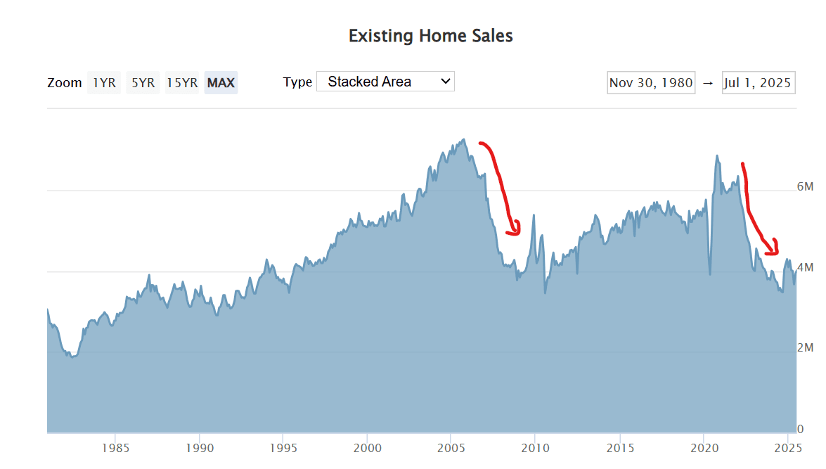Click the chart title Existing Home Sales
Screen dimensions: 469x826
(x=430, y=36)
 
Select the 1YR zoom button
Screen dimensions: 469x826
(x=104, y=82)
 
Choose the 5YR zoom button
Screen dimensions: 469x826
(x=143, y=82)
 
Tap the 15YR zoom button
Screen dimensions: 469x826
(x=181, y=82)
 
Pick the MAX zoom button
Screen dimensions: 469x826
(x=221, y=82)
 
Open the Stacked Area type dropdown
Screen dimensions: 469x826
(x=385, y=82)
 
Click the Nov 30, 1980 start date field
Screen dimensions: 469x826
(x=651, y=83)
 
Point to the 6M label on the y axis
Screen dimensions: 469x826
(x=805, y=187)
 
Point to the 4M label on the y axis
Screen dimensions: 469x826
(x=805, y=268)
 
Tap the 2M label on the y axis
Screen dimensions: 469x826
(x=805, y=349)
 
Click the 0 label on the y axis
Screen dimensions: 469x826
(x=800, y=429)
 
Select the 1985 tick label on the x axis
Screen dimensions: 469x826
(x=115, y=447)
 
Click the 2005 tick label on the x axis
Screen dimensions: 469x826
(x=451, y=447)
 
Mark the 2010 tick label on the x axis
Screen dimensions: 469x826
(x=534, y=447)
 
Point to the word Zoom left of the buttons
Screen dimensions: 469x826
(x=65, y=82)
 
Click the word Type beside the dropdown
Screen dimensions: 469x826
(x=297, y=82)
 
